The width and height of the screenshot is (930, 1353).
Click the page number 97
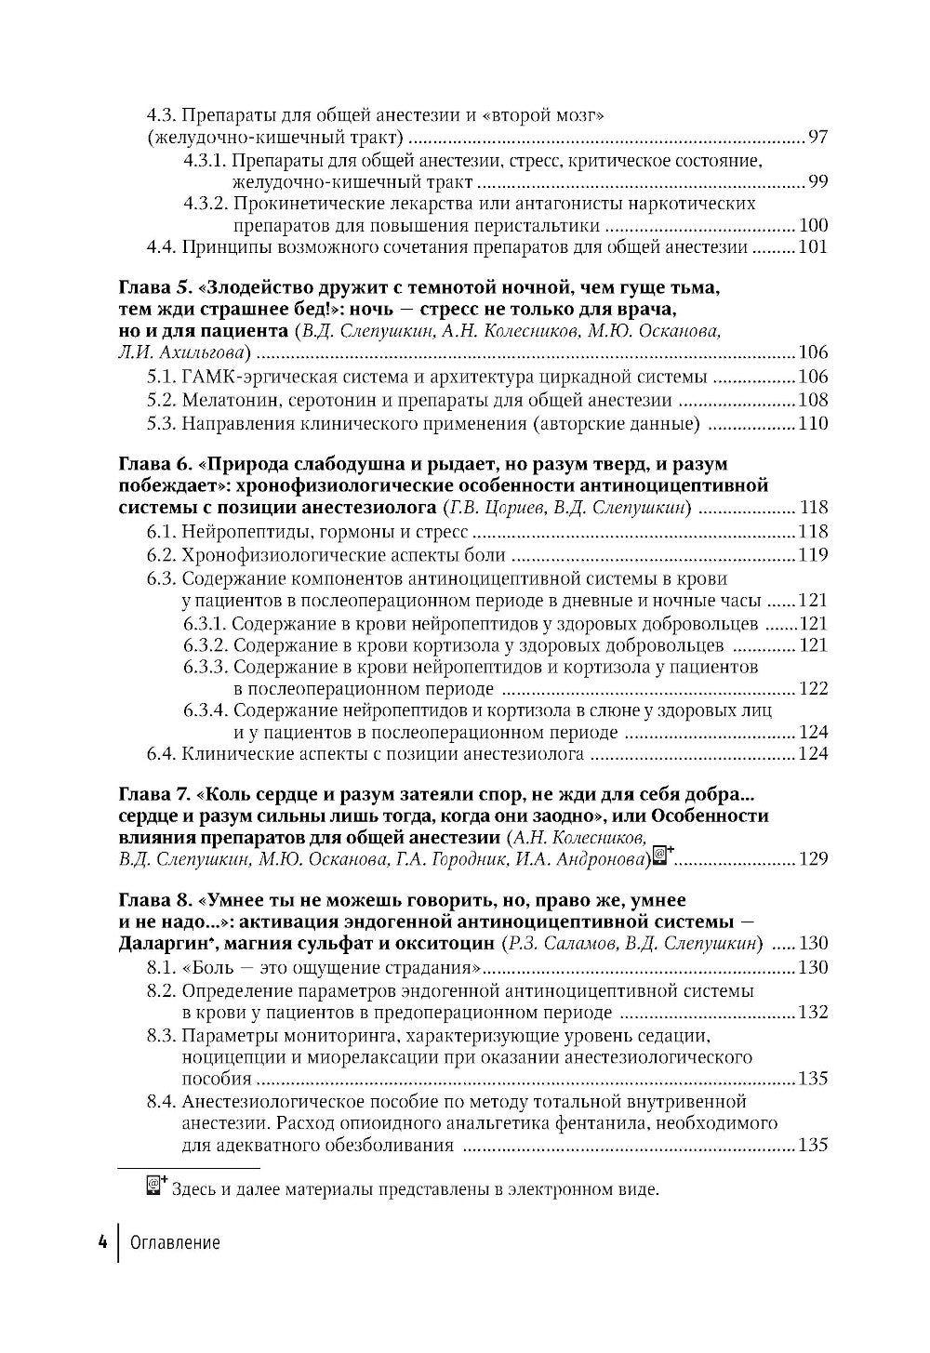tap(817, 139)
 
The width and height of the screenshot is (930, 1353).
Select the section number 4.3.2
tap(205, 203)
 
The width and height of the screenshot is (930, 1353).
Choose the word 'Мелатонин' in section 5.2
tap(227, 400)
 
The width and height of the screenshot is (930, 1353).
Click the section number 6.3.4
tap(205, 710)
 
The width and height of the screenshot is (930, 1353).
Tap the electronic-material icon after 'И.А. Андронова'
tap(662, 856)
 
